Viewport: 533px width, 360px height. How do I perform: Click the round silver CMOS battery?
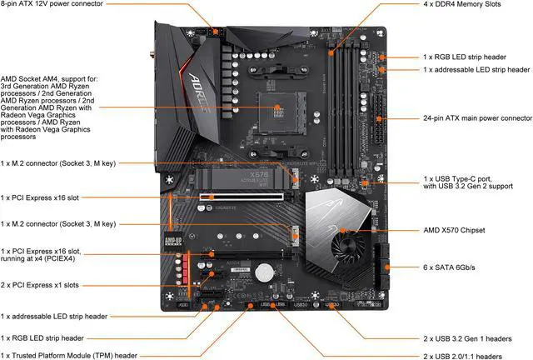pos(265,272)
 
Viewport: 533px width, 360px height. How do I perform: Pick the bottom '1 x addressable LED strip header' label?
pos(55,316)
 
